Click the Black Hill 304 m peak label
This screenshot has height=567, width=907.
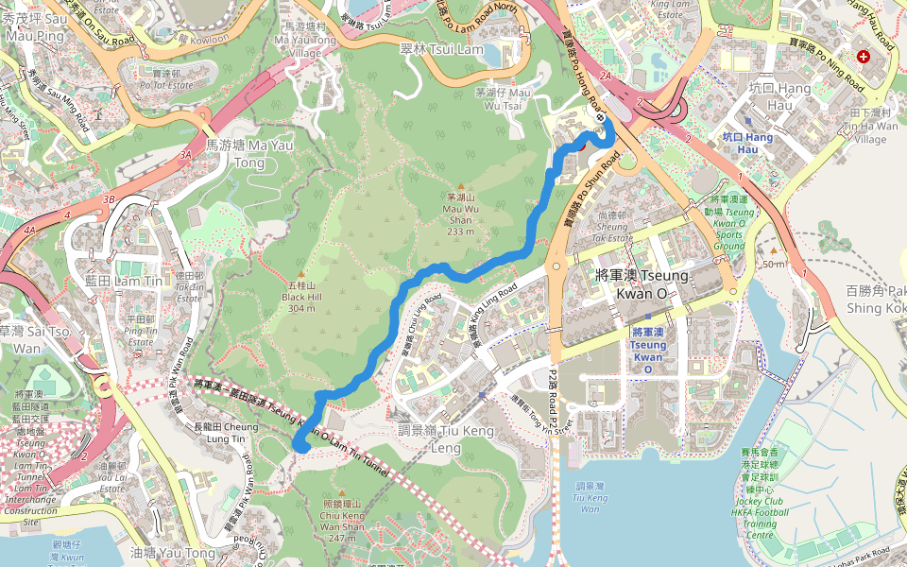point(301,296)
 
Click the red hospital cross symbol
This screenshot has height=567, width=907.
point(863,57)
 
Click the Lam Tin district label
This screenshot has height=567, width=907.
point(111,281)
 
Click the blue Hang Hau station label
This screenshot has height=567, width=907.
point(746,143)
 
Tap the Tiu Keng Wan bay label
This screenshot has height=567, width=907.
point(590,498)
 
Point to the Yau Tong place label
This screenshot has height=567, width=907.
point(173,553)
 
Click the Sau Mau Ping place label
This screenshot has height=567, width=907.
point(36,27)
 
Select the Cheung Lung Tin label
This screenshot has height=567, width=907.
point(226,433)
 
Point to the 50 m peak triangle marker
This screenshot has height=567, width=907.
point(773,251)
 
